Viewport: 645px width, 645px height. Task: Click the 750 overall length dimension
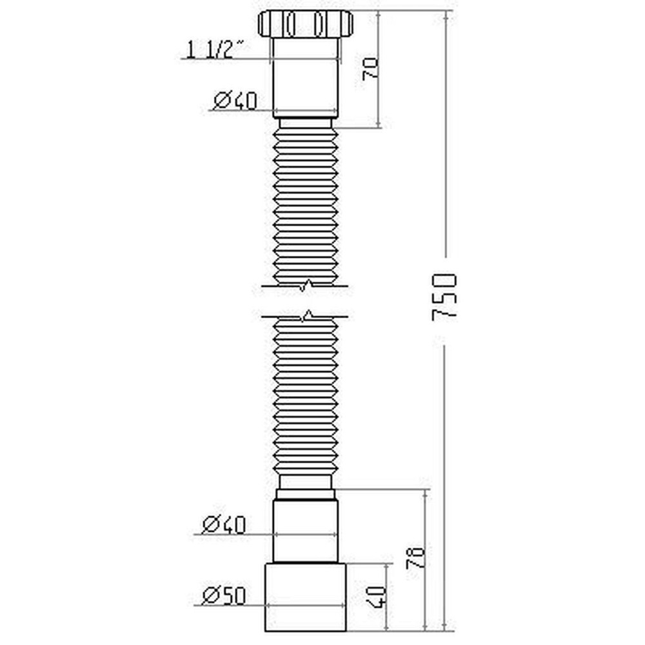click(445, 297)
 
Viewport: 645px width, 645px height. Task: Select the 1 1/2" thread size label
click(215, 49)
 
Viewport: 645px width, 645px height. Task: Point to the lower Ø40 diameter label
click(223, 525)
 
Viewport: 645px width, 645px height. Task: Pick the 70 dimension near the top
click(370, 68)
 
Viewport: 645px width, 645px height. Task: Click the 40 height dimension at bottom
click(379, 599)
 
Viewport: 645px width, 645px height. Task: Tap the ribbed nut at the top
click(305, 24)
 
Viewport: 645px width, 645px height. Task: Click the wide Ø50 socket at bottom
click(306, 597)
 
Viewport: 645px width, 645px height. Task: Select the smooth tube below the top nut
click(305, 77)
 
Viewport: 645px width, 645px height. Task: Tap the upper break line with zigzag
click(305, 284)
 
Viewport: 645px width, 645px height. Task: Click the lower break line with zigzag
click(305, 316)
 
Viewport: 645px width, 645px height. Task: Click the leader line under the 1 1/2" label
click(226, 59)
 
